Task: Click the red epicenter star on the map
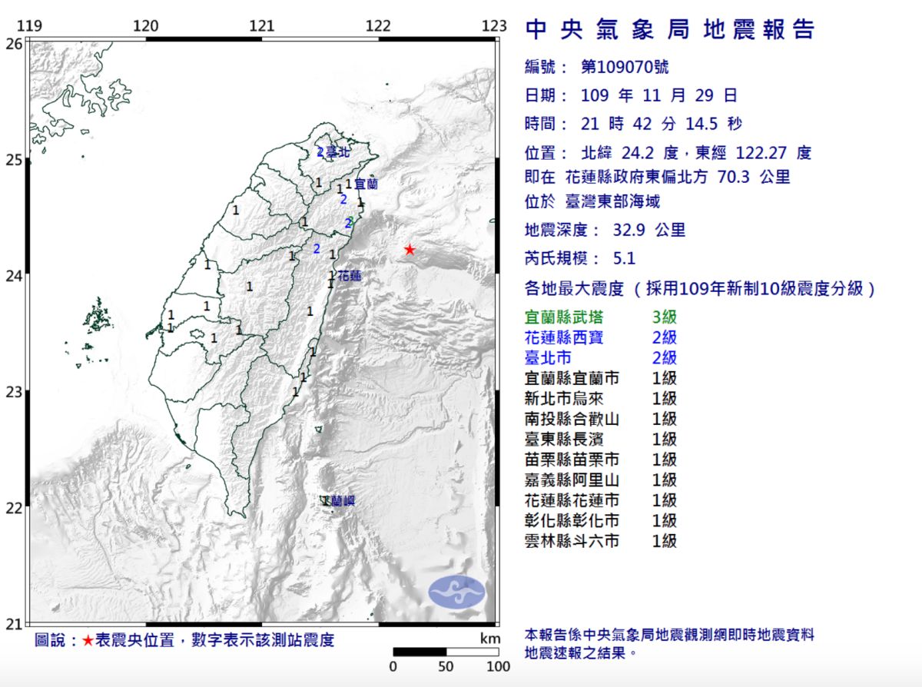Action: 410,250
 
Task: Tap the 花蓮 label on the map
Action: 350,275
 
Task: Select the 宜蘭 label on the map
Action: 366,184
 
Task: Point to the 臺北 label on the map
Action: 338,152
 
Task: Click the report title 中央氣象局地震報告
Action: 669,29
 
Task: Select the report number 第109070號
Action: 625,67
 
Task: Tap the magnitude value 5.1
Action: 620,259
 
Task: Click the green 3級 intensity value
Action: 664,317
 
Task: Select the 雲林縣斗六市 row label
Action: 571,541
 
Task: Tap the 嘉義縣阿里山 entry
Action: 571,480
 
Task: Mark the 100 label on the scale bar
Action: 498,666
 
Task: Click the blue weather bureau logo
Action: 456,592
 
